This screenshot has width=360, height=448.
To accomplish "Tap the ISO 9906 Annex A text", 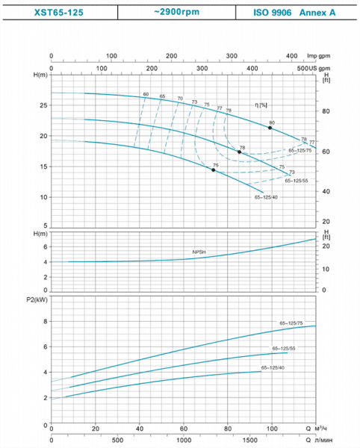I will (296, 12).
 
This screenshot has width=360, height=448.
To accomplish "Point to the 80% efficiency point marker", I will (270, 128).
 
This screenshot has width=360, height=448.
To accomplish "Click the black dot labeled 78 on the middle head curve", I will (240, 152).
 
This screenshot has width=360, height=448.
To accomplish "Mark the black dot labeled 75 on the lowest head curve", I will (214, 170).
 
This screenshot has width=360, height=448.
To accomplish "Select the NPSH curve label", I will (199, 253).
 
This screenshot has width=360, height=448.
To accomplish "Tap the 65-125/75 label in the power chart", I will (291, 323).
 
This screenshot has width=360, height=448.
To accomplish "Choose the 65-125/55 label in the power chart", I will (283, 349).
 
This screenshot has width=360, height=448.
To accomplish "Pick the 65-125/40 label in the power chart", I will (273, 367).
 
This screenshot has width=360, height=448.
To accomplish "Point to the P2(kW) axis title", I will (35, 299).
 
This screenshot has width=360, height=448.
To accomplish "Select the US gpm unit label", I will (319, 68).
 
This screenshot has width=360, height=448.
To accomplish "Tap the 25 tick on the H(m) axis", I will (43, 105).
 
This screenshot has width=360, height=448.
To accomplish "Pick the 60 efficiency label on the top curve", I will (146, 94).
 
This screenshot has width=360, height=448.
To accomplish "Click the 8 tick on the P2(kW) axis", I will (45, 321).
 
